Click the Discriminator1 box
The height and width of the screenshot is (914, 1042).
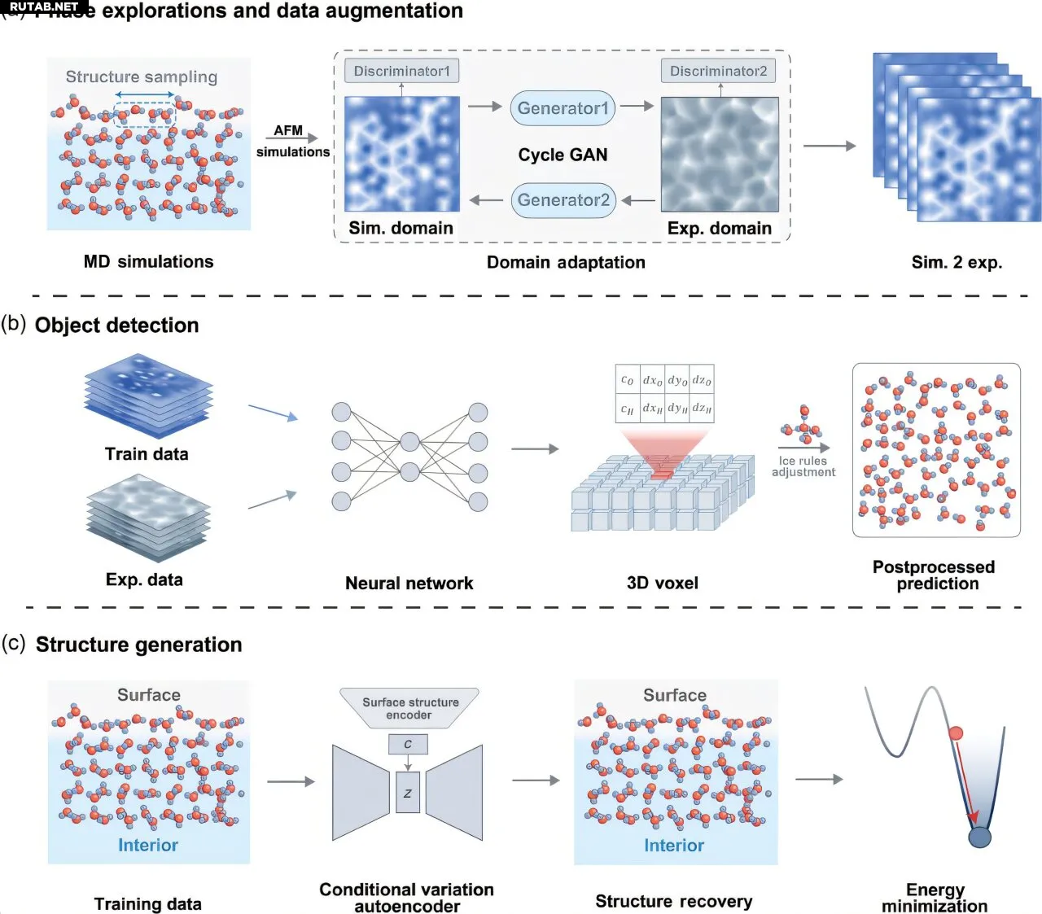click(401, 71)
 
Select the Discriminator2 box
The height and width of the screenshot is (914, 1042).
click(718, 71)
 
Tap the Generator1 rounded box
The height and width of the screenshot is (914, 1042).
click(563, 108)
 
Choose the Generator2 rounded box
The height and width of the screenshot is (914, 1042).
click(563, 200)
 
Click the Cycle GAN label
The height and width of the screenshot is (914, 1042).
click(563, 155)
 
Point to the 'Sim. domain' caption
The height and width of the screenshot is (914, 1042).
click(401, 228)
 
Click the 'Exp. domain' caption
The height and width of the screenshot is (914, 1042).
click(719, 229)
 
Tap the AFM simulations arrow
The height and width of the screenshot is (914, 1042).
click(291, 139)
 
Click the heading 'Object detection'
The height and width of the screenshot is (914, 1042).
click(116, 325)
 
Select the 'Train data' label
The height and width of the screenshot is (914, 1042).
click(147, 454)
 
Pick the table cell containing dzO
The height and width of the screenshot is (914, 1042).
click(702, 380)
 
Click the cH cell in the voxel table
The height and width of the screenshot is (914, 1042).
click(627, 409)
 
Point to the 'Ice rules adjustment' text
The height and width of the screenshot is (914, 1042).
click(803, 466)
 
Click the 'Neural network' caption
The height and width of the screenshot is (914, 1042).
click(409, 583)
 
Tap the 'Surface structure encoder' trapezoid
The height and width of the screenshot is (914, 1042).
click(409, 708)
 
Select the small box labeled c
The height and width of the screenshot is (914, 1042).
click(408, 744)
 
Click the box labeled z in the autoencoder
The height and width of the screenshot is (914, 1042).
click(408, 793)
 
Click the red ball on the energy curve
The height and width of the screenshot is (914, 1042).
click(956, 733)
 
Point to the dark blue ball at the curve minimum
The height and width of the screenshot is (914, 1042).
click(979, 836)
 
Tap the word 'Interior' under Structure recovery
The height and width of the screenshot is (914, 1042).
click(674, 846)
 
